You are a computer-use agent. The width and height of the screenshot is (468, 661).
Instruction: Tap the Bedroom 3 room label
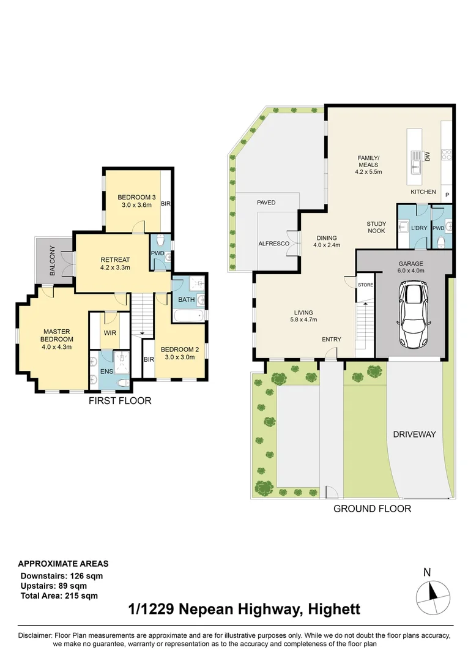[x=136, y=201]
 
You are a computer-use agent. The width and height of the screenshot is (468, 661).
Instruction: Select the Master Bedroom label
[x=56, y=339]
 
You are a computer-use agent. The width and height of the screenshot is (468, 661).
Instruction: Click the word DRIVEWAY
[x=414, y=434]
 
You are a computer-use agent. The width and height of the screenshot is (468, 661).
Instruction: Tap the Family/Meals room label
[x=368, y=165]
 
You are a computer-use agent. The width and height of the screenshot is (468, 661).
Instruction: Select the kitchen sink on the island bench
[x=416, y=162]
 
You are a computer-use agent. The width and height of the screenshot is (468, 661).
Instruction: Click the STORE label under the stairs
[x=365, y=285]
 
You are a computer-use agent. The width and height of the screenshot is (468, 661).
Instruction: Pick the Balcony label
[x=53, y=261]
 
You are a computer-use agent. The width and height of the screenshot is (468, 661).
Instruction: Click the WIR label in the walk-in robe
[x=110, y=332]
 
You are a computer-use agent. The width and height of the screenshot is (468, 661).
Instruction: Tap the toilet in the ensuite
[x=123, y=383]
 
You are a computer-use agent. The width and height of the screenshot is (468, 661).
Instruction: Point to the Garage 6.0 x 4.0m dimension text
[x=410, y=267]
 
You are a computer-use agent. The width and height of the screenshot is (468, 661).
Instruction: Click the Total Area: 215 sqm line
[x=59, y=596]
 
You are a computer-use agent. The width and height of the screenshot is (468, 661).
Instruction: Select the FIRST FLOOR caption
[x=120, y=400]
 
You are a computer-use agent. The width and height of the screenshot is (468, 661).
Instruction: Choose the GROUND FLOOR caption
[x=372, y=509]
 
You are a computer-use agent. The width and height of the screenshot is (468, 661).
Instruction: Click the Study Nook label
[x=376, y=227]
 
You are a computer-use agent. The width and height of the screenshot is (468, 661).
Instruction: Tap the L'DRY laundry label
[x=418, y=228]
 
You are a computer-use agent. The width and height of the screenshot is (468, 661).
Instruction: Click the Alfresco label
[x=274, y=244]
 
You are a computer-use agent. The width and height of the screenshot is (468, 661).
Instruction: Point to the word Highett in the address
[x=334, y=609]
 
